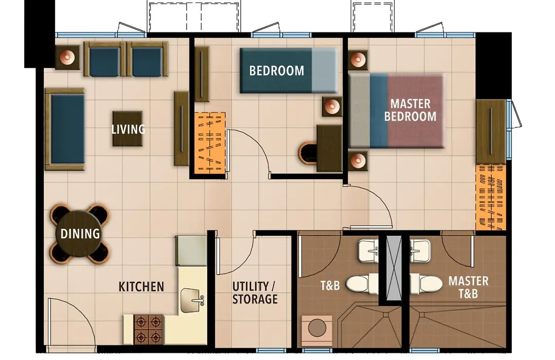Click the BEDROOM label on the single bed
pyautogui.click(x=276, y=70)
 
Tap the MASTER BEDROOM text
pyautogui.click(x=410, y=110)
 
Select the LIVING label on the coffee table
pyautogui.click(x=128, y=129)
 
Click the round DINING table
pyautogui.click(x=80, y=233)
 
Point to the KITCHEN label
pyautogui.click(x=141, y=286)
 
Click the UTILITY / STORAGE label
pyautogui.click(x=254, y=293)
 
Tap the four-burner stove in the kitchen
pyautogui.click(x=149, y=330)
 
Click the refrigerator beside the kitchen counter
pyautogui.click(x=191, y=250)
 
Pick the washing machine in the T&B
pyautogui.click(x=317, y=329)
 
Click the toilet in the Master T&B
pyautogui.click(x=426, y=284)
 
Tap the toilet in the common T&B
pyautogui.click(x=362, y=284)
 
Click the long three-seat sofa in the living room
pyautogui.click(x=65, y=129)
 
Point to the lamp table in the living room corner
pyautogui.click(x=67, y=57)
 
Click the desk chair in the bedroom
pyautogui.click(x=307, y=153)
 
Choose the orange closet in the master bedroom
pyautogui.click(x=491, y=197)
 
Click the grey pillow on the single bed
pyautogui.click(x=325, y=70)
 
